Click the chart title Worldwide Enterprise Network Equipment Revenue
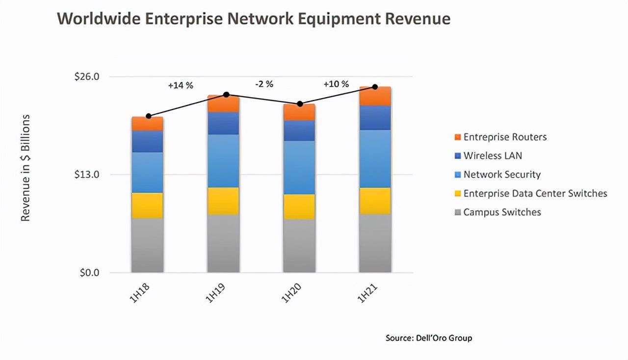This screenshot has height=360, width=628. pyautogui.click(x=254, y=19)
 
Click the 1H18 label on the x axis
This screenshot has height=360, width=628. pyautogui.click(x=141, y=293)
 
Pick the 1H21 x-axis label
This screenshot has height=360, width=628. pyautogui.click(x=368, y=293)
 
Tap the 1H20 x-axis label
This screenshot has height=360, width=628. pyautogui.click(x=293, y=293)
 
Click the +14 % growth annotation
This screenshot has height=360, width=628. pyautogui.click(x=181, y=85)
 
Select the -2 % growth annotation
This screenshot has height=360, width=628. pyautogui.click(x=264, y=84)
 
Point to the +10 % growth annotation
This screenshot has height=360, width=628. pyautogui.click(x=336, y=84)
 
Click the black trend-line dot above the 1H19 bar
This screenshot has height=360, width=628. pyautogui.click(x=226, y=94)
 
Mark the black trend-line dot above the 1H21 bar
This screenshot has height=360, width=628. pyautogui.click(x=375, y=87)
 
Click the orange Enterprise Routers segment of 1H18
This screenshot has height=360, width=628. pyautogui.click(x=147, y=124)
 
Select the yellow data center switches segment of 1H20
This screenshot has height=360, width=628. pyautogui.click(x=299, y=206)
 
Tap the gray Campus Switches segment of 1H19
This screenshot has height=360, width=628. pyautogui.click(x=223, y=243)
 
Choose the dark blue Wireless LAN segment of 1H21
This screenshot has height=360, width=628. pyautogui.click(x=375, y=118)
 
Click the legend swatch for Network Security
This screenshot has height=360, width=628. pyautogui.click(x=458, y=175)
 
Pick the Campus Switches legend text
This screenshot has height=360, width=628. pyautogui.click(x=502, y=212)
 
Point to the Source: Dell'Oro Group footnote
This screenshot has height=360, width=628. pyautogui.click(x=429, y=338)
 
